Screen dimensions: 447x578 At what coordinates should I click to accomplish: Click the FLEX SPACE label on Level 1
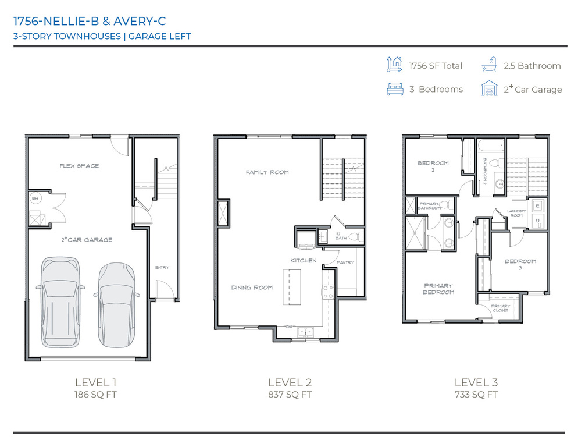[79, 166]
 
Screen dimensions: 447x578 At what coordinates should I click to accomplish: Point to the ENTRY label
[162, 267]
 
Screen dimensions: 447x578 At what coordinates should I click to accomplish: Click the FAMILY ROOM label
[267, 172]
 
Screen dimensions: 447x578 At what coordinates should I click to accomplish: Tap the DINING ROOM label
[252, 288]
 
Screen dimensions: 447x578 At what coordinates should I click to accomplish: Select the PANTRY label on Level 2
[345, 262]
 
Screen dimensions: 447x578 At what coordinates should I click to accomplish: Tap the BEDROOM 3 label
[520, 265]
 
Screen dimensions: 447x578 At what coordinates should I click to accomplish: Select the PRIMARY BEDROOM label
[438, 289]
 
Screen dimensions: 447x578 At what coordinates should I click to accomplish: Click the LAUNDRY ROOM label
[516, 213]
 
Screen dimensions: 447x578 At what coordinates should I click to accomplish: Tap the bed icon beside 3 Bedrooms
[395, 89]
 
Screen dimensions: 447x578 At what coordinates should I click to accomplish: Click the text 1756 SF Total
[435, 66]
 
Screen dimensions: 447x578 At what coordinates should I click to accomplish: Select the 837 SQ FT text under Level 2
[290, 395]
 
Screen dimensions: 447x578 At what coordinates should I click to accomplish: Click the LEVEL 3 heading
[476, 382]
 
